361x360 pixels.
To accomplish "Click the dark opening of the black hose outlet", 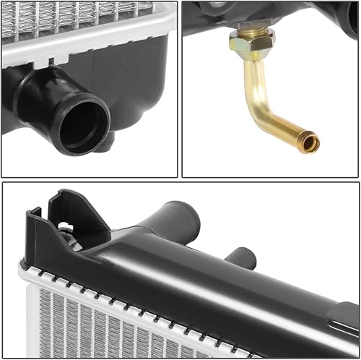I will [x=82, y=126].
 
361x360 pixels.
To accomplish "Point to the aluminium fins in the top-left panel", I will [x=65, y=18].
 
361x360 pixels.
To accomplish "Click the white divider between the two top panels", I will [x=180, y=87].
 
